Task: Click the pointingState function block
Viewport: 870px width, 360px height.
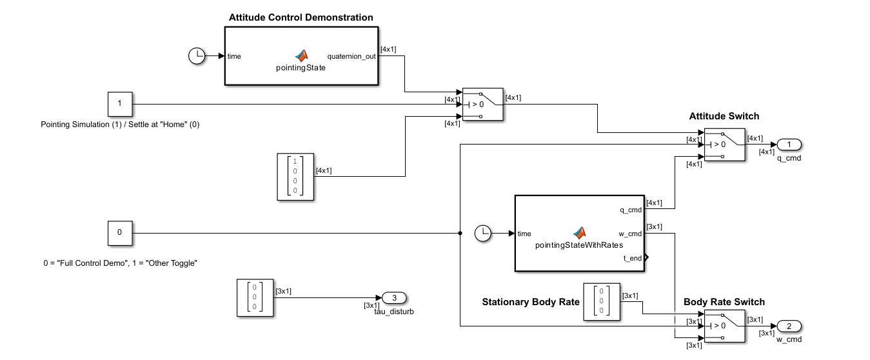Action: point(300,56)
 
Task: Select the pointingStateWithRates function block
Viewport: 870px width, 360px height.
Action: point(579,233)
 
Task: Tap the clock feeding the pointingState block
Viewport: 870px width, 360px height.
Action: point(196,56)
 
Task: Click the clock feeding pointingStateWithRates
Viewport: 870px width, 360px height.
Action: point(483,234)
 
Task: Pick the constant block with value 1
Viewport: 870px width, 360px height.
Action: point(119,104)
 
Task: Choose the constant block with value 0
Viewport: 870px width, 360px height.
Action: point(119,233)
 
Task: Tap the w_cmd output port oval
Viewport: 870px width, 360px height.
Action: point(789,325)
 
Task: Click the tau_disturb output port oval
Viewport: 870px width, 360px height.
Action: point(394,297)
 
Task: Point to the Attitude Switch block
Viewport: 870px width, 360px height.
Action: point(724,144)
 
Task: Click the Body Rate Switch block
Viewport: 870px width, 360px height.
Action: point(724,326)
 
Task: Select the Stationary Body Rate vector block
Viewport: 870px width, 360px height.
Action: point(601,301)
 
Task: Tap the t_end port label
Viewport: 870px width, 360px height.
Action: point(632,258)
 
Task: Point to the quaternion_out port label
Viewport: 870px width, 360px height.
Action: point(351,56)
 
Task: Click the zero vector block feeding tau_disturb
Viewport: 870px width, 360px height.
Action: point(255,297)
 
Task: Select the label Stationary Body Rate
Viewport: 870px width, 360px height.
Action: point(531,302)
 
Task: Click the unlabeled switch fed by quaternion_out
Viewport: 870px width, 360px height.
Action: point(482,104)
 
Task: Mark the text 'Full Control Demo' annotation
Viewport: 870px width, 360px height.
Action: point(119,263)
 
